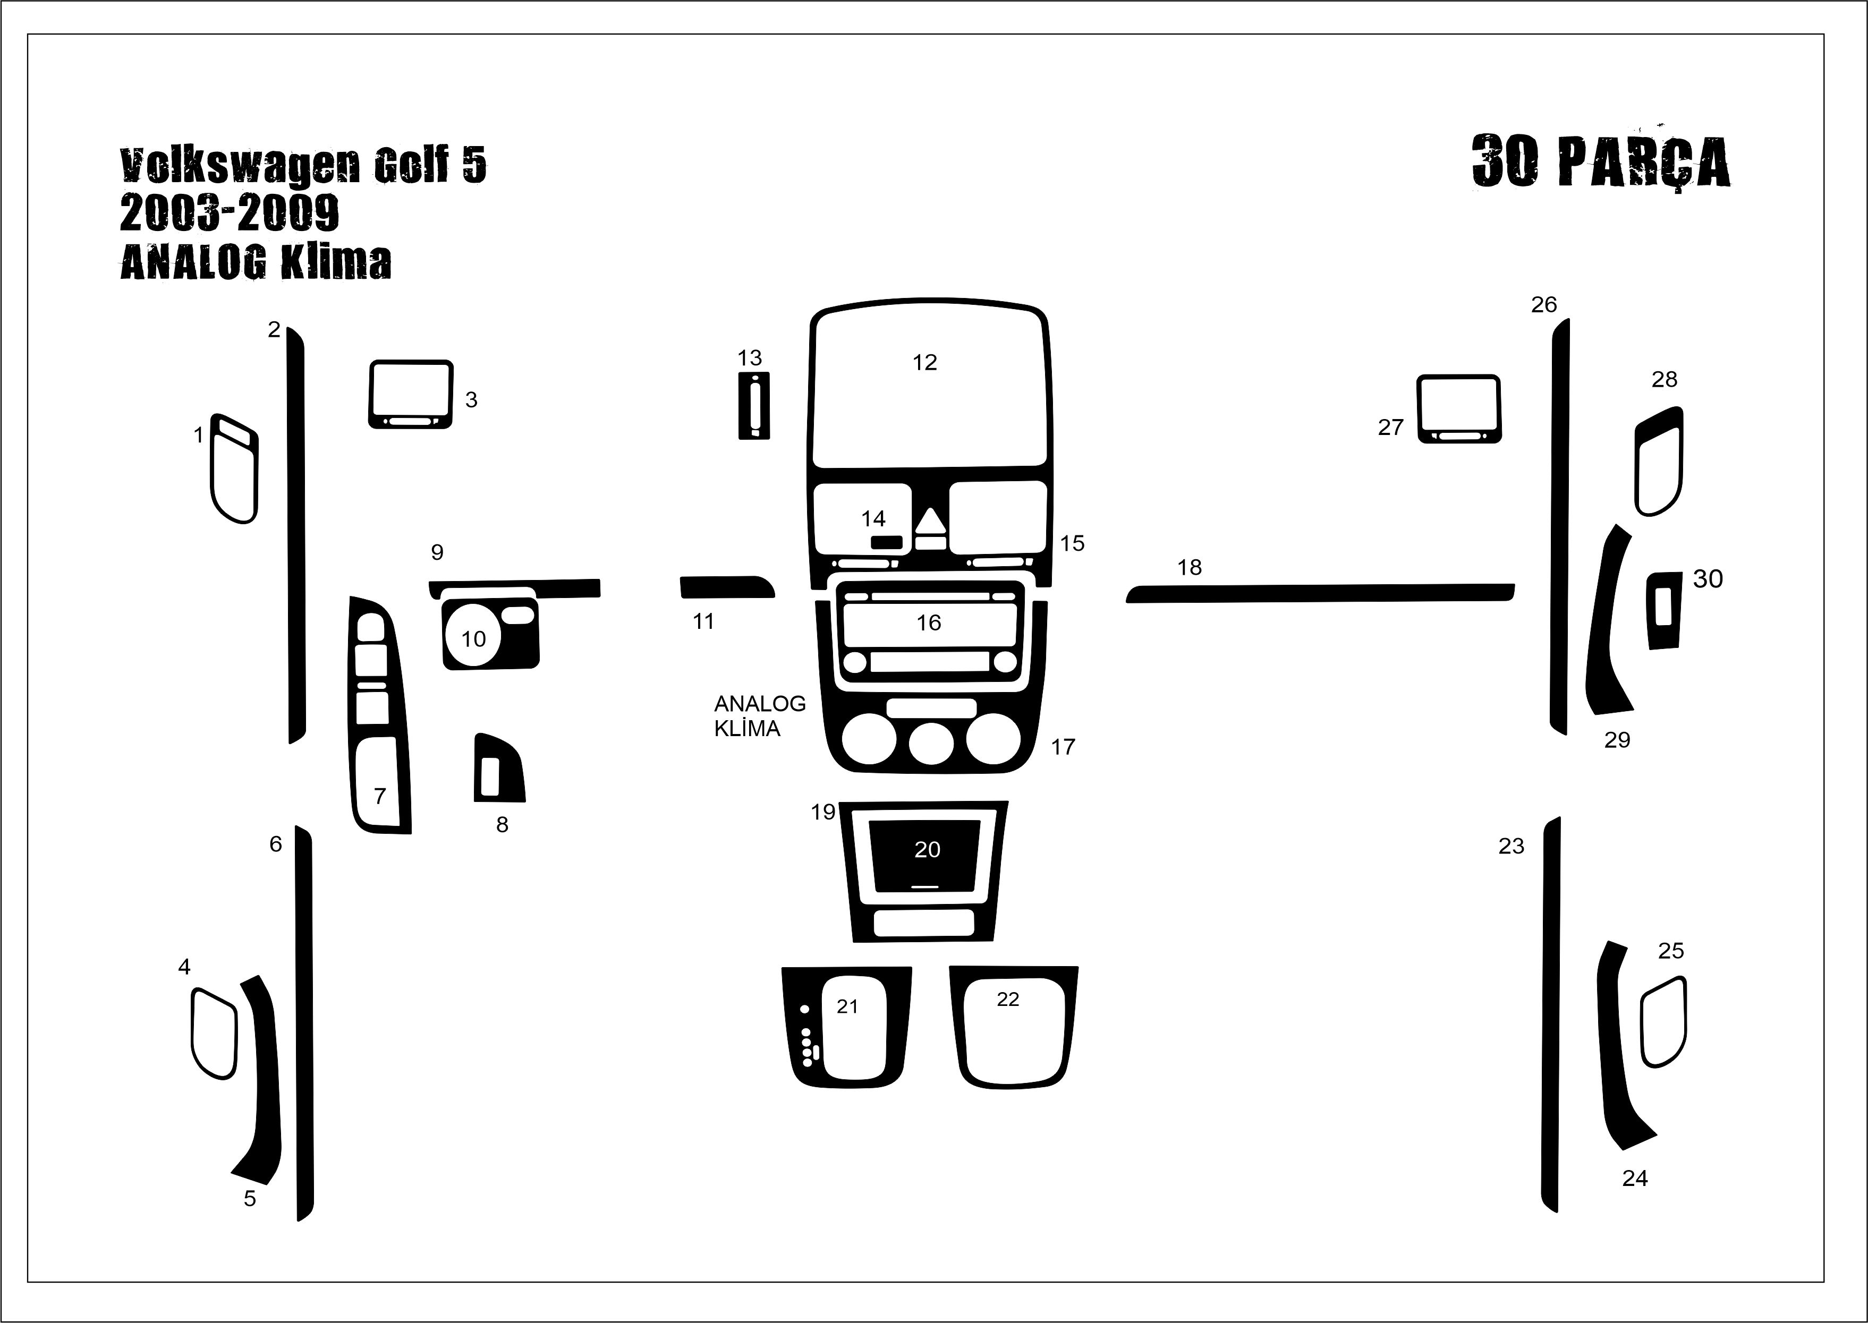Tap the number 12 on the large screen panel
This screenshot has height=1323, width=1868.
click(x=924, y=363)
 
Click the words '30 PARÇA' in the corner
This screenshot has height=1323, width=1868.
click(x=1601, y=161)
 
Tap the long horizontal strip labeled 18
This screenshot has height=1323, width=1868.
click(x=1320, y=593)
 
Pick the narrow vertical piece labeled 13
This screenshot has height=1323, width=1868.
click(x=754, y=406)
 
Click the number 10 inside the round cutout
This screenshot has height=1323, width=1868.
click(x=473, y=639)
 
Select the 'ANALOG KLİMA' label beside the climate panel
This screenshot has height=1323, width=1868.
click(x=760, y=716)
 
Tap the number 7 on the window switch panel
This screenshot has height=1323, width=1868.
click(x=380, y=796)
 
